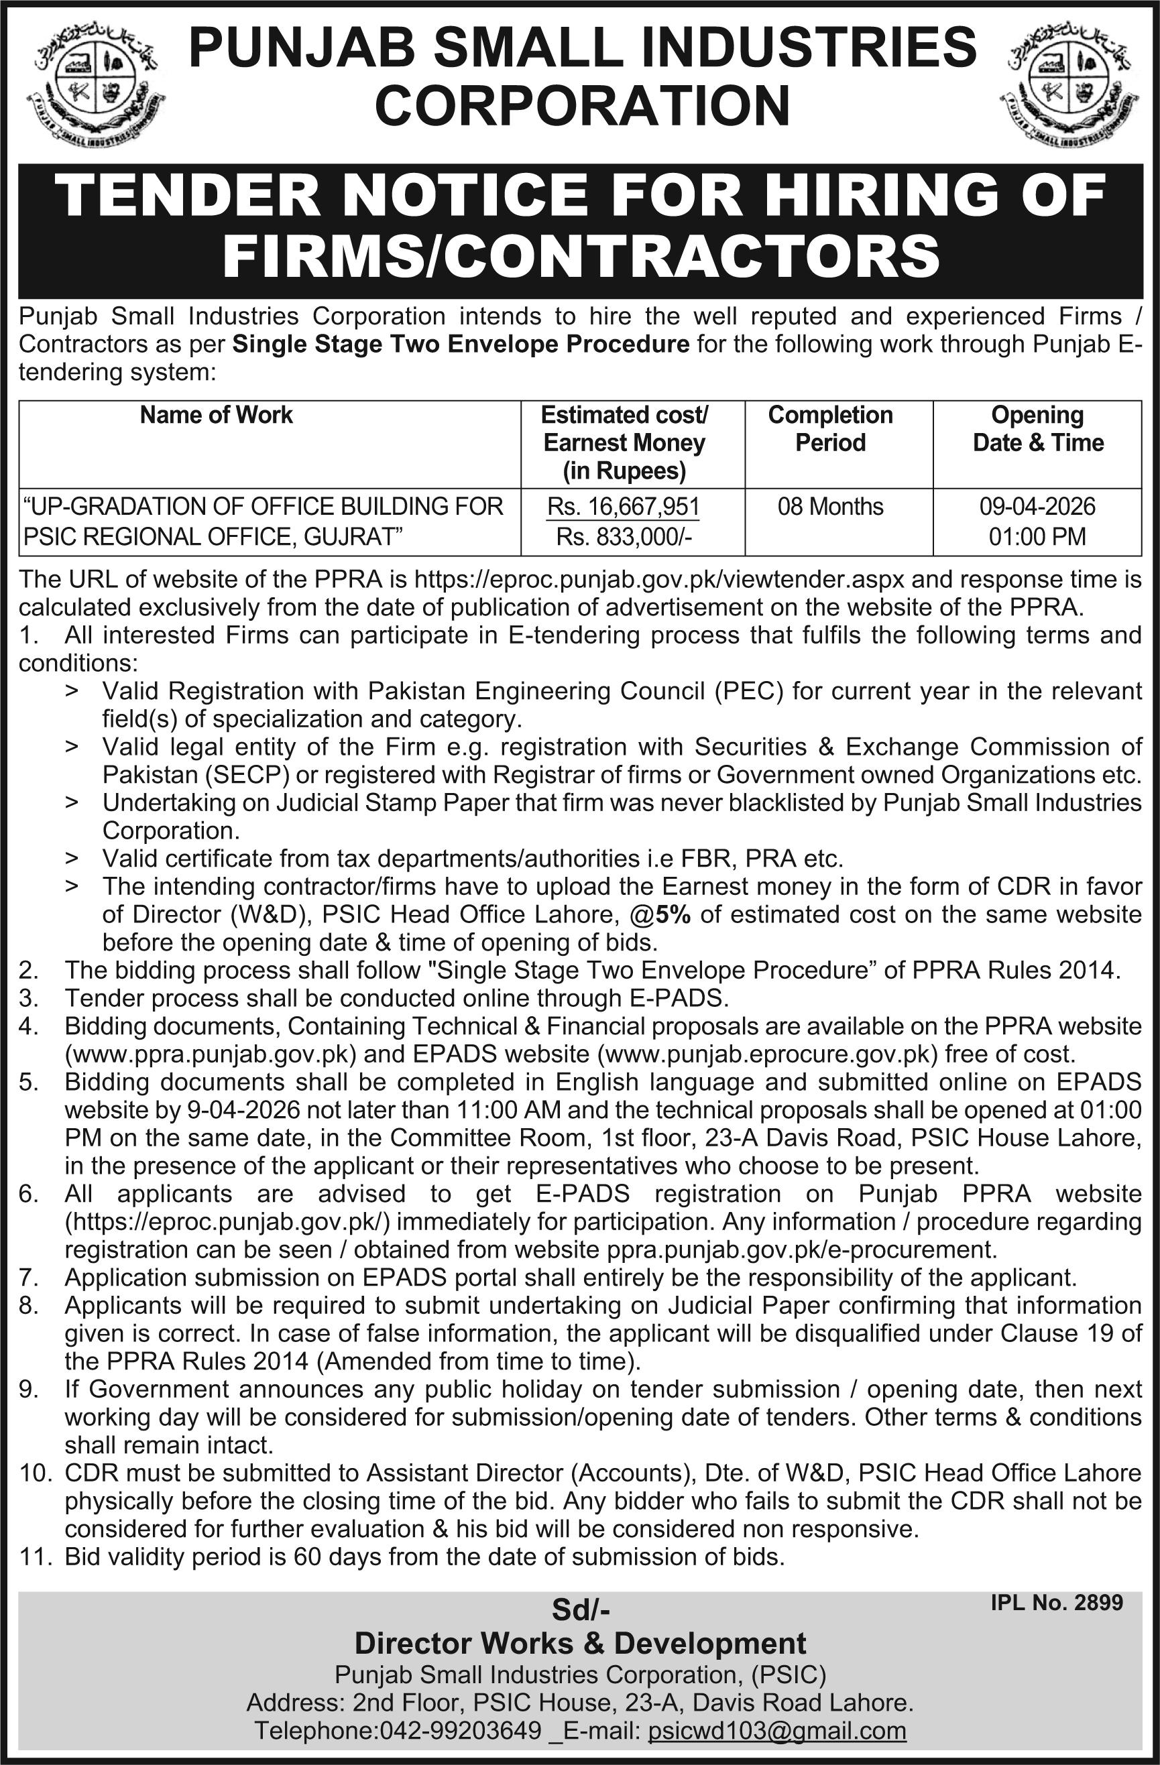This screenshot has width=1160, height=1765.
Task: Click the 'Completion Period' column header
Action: (x=830, y=428)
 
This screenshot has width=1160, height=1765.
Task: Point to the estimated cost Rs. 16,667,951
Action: (x=624, y=507)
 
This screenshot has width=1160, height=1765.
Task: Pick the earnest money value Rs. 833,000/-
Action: (x=624, y=536)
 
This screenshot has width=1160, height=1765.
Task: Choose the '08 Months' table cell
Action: (x=830, y=507)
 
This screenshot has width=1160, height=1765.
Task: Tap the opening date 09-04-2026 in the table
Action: (x=1037, y=507)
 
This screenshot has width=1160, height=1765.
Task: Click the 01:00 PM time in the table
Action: (x=1037, y=536)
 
